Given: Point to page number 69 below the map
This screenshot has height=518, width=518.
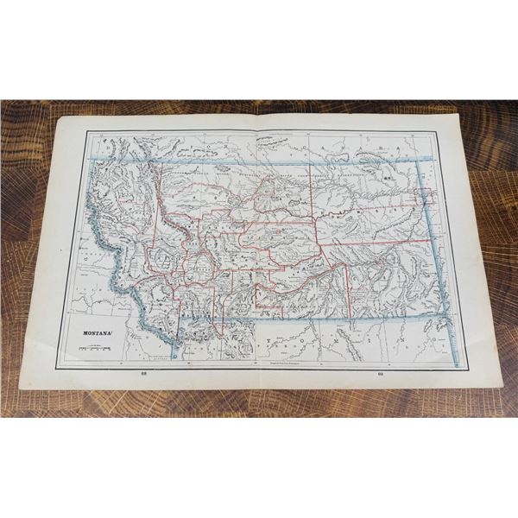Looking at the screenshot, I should point(380,373).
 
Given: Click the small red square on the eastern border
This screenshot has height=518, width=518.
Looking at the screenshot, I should point(426,192).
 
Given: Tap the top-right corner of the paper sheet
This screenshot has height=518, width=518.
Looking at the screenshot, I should point(458,113).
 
